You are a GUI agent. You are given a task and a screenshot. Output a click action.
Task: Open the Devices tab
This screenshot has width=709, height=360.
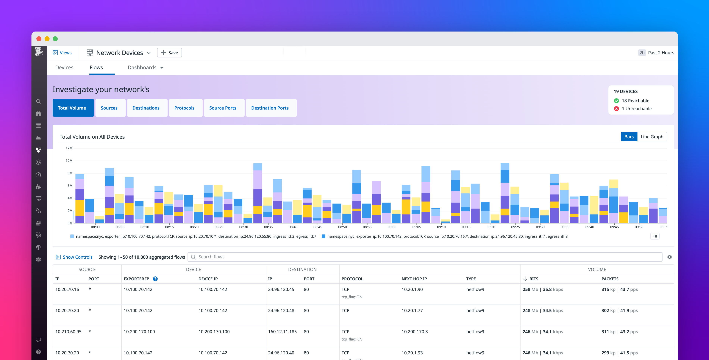click(64, 68)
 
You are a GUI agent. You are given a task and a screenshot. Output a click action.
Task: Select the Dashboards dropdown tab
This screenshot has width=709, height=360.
click(145, 68)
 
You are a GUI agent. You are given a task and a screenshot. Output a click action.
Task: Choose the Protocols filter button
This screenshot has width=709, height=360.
click(184, 108)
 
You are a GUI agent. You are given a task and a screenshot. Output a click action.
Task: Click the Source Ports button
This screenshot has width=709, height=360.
click(222, 108)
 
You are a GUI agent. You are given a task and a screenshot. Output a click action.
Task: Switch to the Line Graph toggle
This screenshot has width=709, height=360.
click(652, 137)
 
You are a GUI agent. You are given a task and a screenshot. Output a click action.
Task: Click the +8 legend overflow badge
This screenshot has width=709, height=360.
click(655, 236)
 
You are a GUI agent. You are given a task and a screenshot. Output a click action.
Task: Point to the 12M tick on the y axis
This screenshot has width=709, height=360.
click(69, 148)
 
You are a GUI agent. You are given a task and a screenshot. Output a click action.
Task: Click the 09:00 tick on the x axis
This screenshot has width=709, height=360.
click(392, 227)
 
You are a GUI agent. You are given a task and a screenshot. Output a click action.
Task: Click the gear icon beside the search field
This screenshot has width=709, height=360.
click(669, 257)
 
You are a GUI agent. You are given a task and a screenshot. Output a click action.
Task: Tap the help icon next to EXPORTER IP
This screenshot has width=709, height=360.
click(155, 279)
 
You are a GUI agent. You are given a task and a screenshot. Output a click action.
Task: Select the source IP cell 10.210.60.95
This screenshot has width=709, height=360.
click(68, 332)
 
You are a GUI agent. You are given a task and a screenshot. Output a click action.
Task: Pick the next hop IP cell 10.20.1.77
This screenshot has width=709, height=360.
click(412, 310)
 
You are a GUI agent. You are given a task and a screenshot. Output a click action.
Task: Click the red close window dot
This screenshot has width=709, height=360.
click(39, 39)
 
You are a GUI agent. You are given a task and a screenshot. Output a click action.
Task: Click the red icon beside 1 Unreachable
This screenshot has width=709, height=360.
click(616, 109)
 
